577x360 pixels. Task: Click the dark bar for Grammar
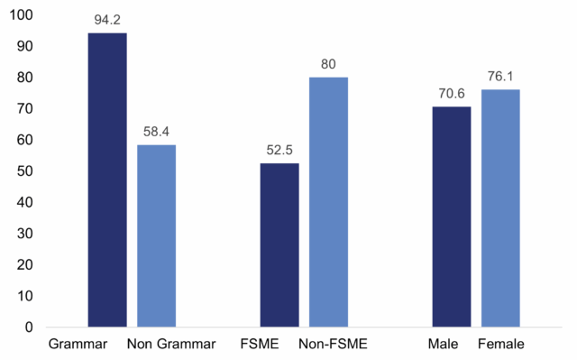107,180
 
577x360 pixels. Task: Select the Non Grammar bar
156,235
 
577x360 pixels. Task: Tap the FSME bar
279,245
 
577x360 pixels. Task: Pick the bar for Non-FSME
328,202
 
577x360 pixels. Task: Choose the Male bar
452,217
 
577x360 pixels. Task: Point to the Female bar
500,208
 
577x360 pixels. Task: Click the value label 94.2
107,19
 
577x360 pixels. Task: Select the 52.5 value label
279,150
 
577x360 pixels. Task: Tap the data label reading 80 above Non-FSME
328,64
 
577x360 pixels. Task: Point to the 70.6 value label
452,93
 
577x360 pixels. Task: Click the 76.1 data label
500,76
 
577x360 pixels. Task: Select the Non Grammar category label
171,344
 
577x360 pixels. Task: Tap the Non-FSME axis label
333,344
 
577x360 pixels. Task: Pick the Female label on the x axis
500,344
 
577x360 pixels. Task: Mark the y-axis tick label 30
23,234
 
